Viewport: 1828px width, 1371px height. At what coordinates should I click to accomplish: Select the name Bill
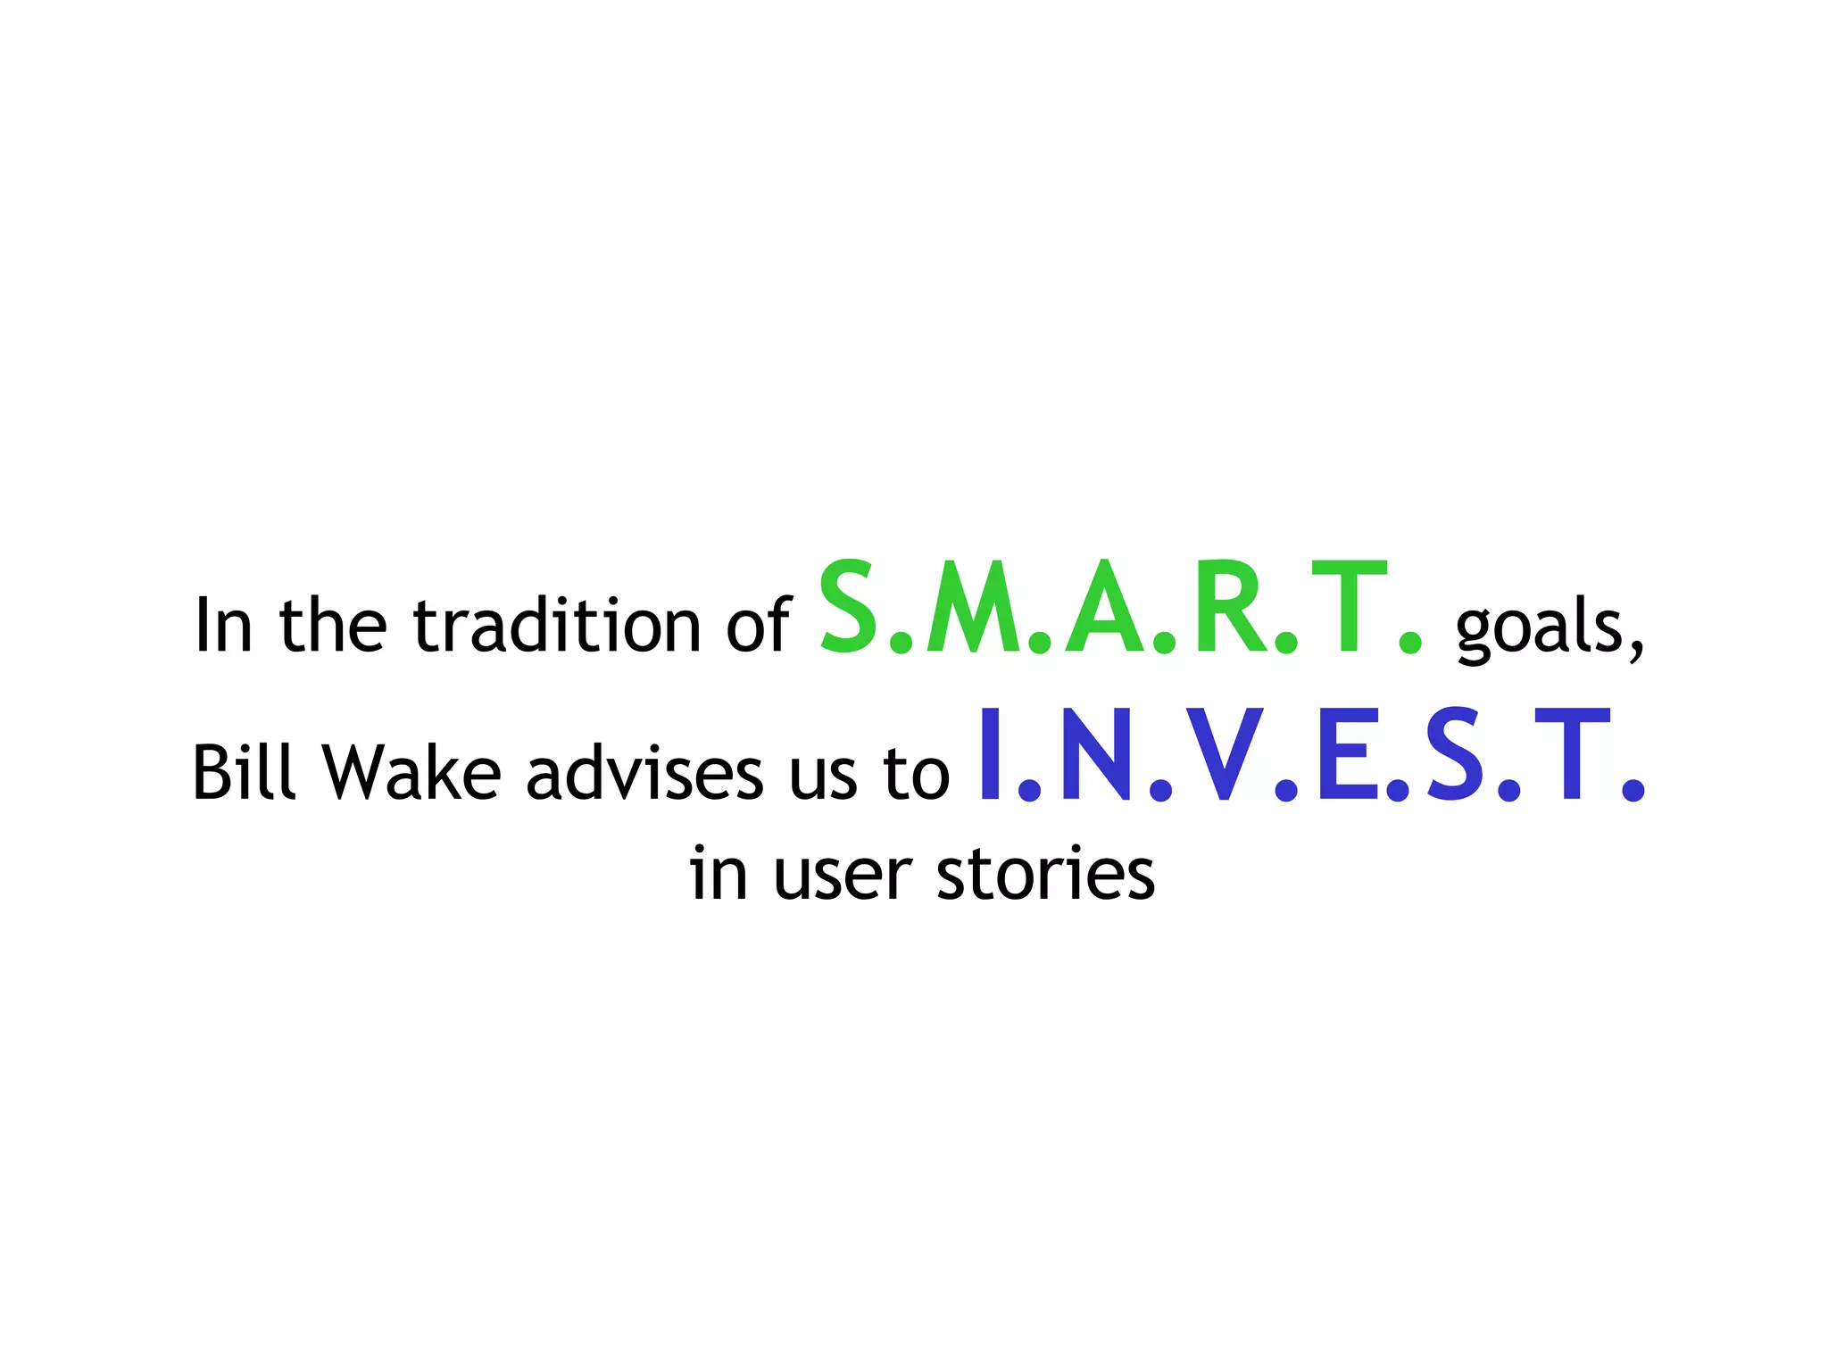243,771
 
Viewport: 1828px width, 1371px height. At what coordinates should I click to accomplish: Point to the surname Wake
411,771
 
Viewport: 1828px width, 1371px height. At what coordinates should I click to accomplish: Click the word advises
644,771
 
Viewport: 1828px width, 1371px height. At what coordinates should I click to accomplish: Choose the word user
843,875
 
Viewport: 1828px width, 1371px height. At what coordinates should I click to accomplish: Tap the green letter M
975,608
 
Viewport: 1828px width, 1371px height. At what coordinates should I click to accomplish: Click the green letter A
1108,608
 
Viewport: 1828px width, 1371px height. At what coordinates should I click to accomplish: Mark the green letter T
1350,608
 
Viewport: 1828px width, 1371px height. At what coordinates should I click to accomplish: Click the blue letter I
989,755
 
